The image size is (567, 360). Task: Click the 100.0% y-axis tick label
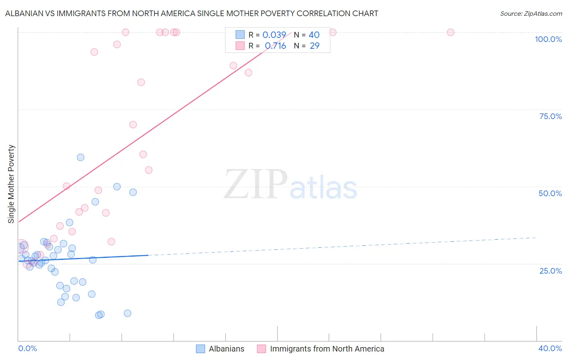(x=548, y=39)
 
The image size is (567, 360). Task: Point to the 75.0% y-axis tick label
(x=550, y=116)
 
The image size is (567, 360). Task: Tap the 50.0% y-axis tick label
(x=550, y=193)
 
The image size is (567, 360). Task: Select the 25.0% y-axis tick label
(x=550, y=271)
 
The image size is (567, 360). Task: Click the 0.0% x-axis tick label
(x=27, y=348)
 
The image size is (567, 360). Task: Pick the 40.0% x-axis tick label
(x=550, y=348)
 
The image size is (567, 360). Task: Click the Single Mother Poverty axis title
(x=11, y=184)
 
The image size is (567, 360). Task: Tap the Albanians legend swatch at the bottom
(x=200, y=349)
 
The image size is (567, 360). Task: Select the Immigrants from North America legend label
(x=327, y=349)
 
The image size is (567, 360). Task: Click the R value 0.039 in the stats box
(x=274, y=35)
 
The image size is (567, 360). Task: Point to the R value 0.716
(x=275, y=46)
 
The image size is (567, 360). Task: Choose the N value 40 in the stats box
(x=314, y=35)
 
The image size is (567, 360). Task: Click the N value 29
(x=315, y=46)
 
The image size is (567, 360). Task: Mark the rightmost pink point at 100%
(x=450, y=32)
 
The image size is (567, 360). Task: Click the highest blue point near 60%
(x=81, y=157)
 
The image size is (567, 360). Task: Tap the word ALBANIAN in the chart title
(x=26, y=13)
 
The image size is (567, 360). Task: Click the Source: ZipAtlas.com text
(x=531, y=13)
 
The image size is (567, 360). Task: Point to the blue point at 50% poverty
(x=117, y=186)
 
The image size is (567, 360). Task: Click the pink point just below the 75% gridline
(x=133, y=125)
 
